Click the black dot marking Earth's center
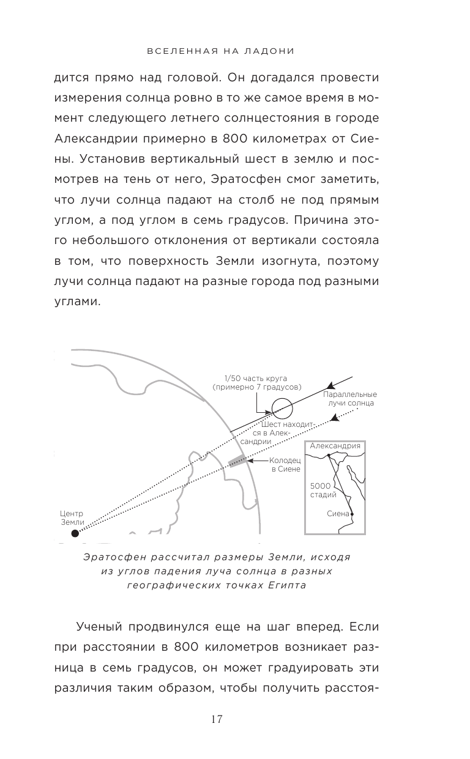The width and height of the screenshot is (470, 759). click(x=75, y=533)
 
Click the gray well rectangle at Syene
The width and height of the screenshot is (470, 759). click(x=236, y=461)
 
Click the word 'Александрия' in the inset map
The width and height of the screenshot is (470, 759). click(x=335, y=446)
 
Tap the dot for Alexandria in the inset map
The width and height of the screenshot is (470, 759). click(x=329, y=456)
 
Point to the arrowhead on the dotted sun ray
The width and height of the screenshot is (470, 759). click(x=334, y=419)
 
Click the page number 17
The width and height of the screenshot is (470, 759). click(x=234, y=719)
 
